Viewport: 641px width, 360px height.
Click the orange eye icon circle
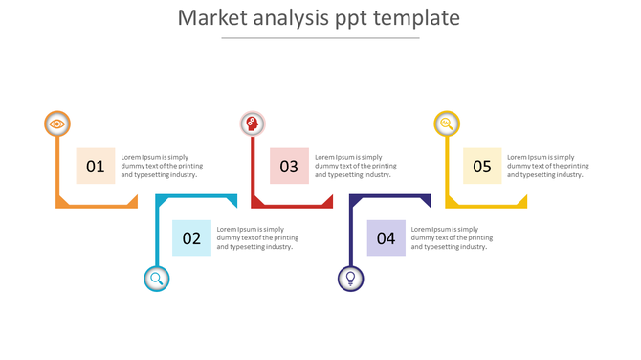point(57,124)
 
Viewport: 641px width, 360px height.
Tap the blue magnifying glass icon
point(157,279)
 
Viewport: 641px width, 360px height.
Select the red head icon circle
point(252,124)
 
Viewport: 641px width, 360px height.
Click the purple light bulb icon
point(351,279)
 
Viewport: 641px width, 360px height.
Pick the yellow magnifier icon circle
point(447,124)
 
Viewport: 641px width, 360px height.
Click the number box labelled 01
point(96,166)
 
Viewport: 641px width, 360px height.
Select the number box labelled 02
point(191,238)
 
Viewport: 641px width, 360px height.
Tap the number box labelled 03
point(289,166)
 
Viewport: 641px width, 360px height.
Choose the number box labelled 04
point(386,238)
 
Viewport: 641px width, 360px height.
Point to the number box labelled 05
point(482,166)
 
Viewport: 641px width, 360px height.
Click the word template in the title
point(417,18)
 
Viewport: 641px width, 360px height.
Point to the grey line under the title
point(320,38)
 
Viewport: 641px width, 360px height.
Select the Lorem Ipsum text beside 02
point(257,238)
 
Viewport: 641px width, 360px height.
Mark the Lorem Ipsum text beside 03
point(355,166)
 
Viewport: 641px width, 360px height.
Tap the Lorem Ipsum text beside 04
point(452,238)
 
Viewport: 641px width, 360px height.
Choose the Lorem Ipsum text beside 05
point(548,166)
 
